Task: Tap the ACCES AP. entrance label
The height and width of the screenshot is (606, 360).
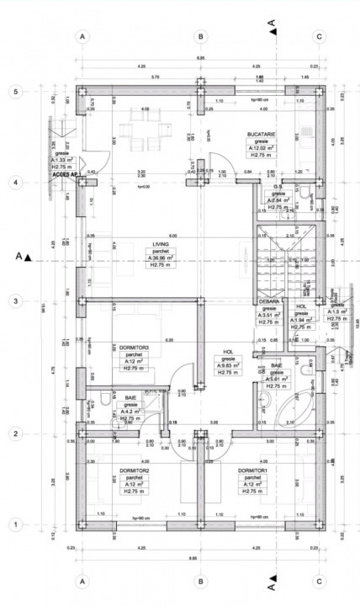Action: click(x=64, y=174)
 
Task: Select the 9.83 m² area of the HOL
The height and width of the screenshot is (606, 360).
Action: click(x=229, y=365)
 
